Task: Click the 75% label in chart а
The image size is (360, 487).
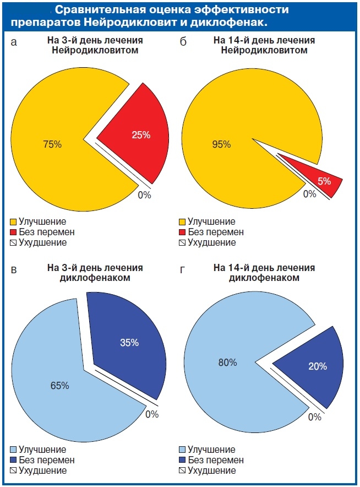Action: pyautogui.click(x=52, y=145)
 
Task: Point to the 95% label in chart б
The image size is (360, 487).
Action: pyautogui.click(x=221, y=145)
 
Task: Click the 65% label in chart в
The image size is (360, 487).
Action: pyautogui.click(x=59, y=386)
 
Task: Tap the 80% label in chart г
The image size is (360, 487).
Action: pyautogui.click(x=227, y=362)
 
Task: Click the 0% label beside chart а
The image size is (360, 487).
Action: pyautogui.click(x=144, y=195)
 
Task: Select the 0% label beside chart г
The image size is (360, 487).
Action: pyautogui.click(x=314, y=417)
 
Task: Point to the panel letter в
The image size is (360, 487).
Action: pyautogui.click(x=15, y=270)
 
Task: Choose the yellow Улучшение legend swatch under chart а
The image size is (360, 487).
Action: pyautogui.click(x=13, y=221)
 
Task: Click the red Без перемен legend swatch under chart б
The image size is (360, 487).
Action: pyautogui.click(x=183, y=232)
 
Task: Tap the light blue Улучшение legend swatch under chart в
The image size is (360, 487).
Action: pyautogui.click(x=13, y=450)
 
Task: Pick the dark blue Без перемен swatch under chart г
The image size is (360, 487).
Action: pyautogui.click(x=183, y=460)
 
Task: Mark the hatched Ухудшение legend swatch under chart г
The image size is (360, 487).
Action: pyautogui.click(x=183, y=470)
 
